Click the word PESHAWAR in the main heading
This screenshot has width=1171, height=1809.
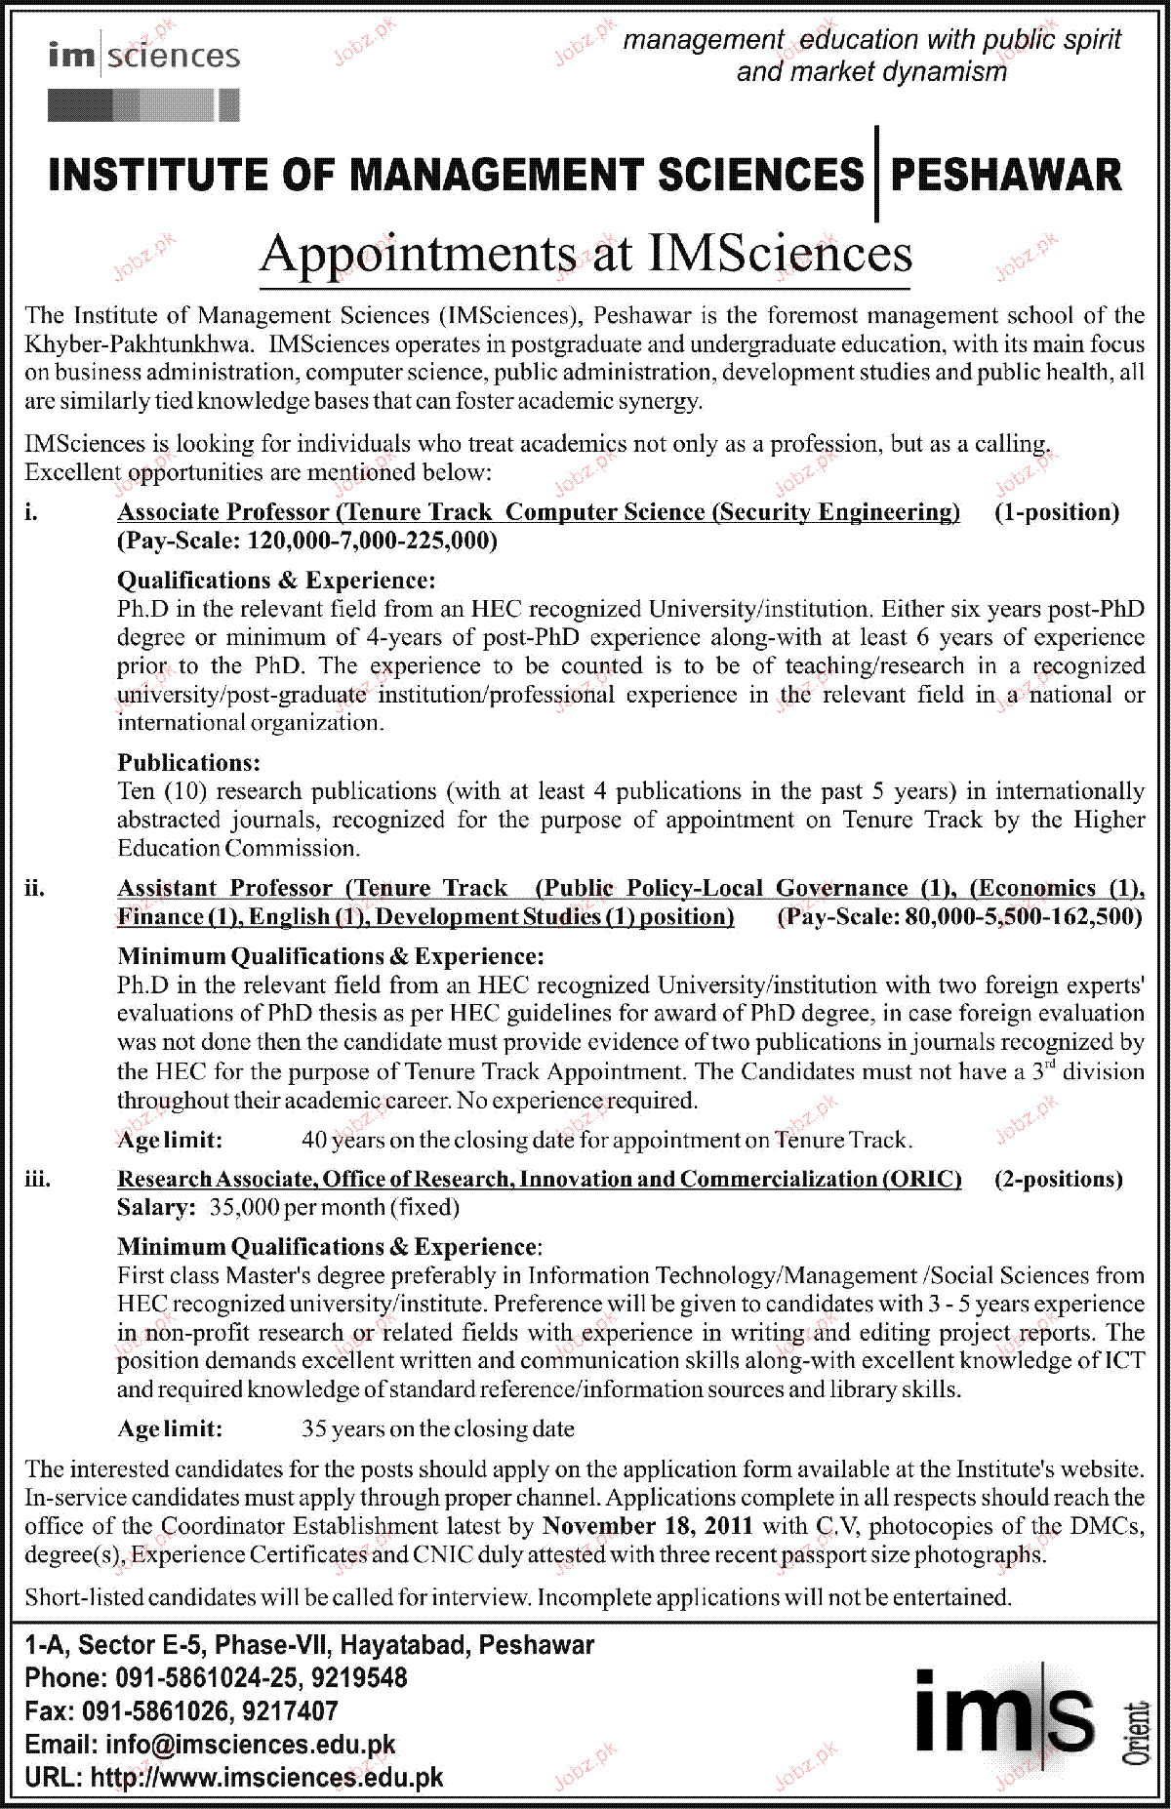[x=1005, y=176]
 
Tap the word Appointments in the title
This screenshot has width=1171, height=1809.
[x=417, y=255]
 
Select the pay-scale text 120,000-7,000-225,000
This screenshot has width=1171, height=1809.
[x=372, y=542]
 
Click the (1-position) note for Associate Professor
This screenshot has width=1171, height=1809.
[x=1056, y=512]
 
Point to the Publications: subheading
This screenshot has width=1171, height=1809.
[x=189, y=762]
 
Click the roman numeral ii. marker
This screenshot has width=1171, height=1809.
[x=35, y=889]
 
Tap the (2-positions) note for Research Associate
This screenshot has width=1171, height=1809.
[x=1058, y=1180]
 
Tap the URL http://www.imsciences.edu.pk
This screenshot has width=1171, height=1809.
[x=266, y=1778]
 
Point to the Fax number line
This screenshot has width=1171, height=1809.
[x=182, y=1711]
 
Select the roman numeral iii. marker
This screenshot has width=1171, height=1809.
[x=37, y=1180]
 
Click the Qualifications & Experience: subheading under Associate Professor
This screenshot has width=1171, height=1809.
[x=276, y=581]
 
